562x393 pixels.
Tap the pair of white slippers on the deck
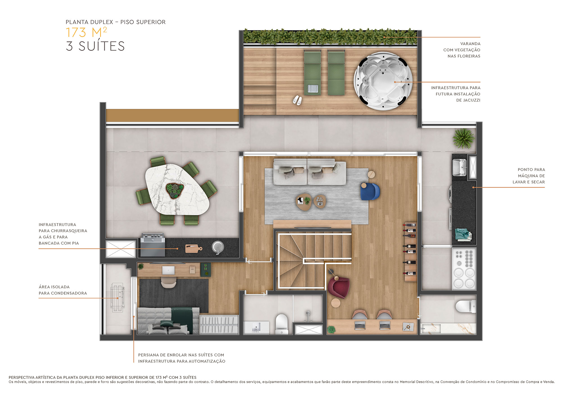(297, 100)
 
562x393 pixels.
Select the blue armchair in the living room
(370, 191)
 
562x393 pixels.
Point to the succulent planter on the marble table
(175, 190)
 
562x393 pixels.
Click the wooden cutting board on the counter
(193, 248)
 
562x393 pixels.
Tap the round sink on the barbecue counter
(218, 247)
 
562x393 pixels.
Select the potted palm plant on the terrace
(463, 138)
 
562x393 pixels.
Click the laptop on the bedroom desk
(168, 270)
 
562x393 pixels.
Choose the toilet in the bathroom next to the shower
(282, 323)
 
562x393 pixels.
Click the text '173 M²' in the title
(86, 33)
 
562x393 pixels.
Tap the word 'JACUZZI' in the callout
(468, 100)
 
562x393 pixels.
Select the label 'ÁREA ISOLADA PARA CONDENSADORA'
(63, 290)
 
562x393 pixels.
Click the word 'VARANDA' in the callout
(470, 44)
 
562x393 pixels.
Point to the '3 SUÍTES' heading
(95, 46)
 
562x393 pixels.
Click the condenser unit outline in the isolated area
(118, 298)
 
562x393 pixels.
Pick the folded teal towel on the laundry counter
(463, 234)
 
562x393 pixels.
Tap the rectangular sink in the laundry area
(459, 167)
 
